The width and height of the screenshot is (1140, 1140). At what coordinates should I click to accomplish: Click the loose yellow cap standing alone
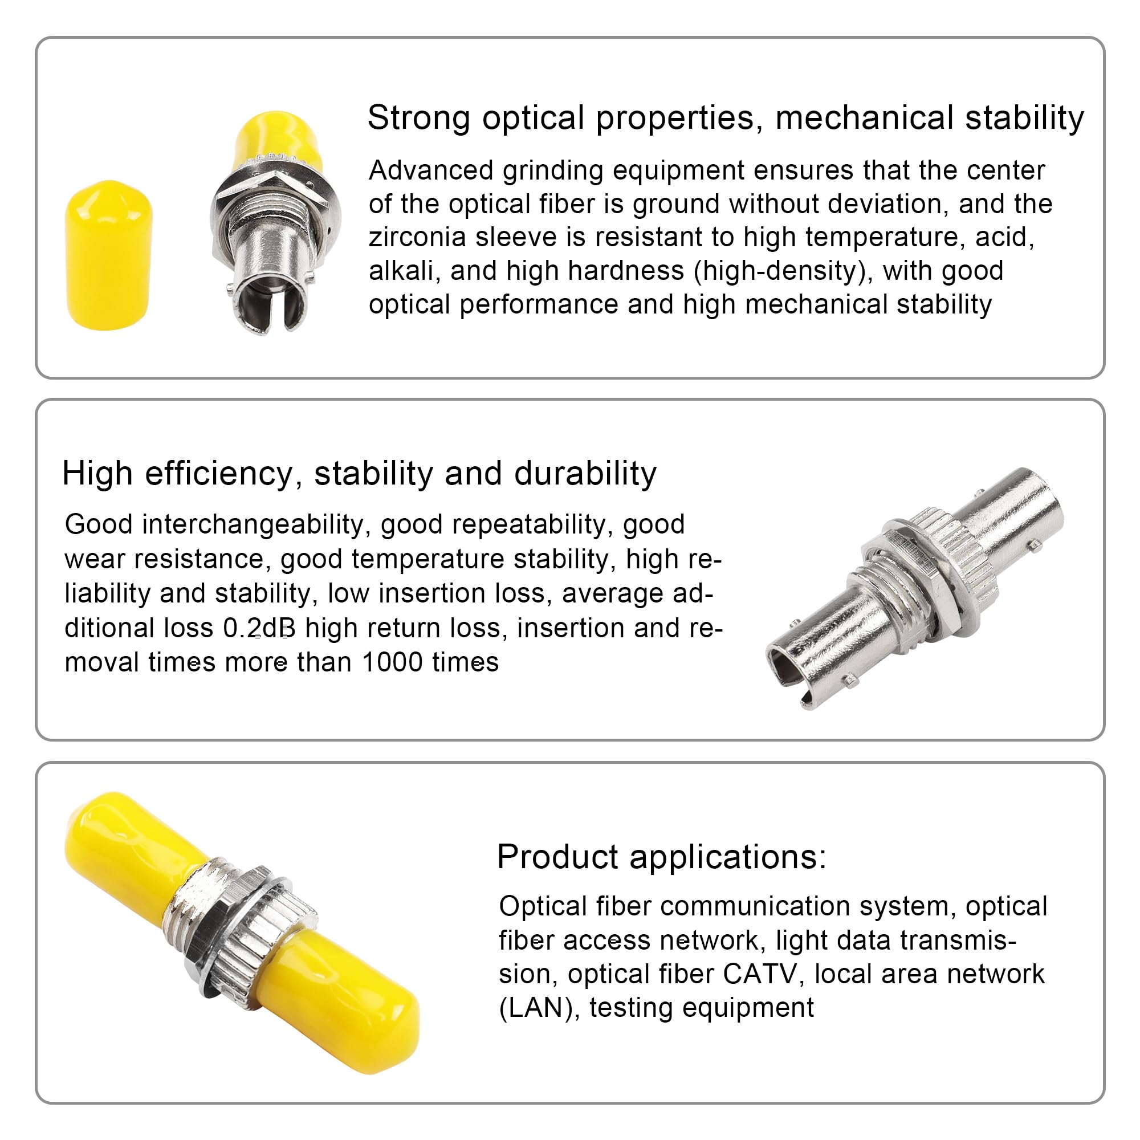coord(108,255)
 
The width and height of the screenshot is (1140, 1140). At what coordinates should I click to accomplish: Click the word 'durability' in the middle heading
coord(585,474)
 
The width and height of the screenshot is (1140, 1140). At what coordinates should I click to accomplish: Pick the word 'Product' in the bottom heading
coord(557,857)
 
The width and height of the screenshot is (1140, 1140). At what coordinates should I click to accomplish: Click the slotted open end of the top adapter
coord(269,307)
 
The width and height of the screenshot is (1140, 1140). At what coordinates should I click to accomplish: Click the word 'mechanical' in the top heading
coord(865,118)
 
